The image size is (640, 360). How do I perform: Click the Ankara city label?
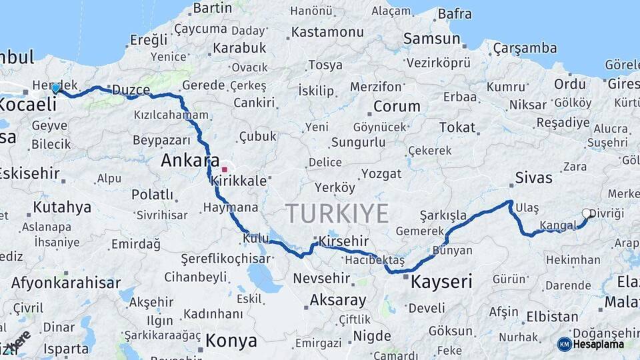tap(190, 161)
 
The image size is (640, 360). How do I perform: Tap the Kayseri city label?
tap(441, 281)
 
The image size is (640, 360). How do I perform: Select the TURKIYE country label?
tap(337, 214)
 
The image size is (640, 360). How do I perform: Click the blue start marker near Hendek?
tap(55, 88)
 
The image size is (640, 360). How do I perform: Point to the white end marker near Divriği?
tap(587, 213)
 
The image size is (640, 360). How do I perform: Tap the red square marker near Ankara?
tap(225, 169)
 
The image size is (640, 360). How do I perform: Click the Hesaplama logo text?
tap(598, 344)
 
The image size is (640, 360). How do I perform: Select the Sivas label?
tap(533, 178)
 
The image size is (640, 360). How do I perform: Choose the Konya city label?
tap(231, 341)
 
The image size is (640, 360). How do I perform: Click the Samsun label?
tap(432, 39)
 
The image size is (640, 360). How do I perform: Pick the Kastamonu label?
tap(327, 32)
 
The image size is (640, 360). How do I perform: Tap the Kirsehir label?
tap(343, 241)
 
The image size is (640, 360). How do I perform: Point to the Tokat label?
tap(457, 127)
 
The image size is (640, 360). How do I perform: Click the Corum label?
tap(397, 106)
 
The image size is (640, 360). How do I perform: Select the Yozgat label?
tap(381, 174)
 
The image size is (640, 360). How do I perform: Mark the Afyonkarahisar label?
tap(66, 283)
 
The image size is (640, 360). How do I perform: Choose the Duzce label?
tap(131, 89)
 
